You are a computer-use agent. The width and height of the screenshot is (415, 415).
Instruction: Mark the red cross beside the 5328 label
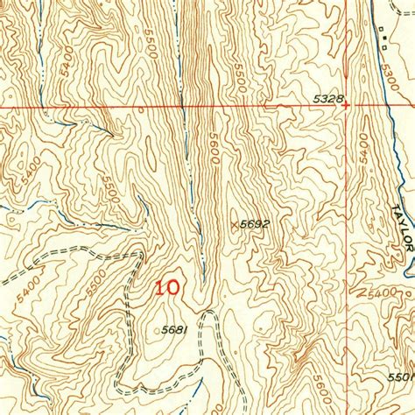point(348,106)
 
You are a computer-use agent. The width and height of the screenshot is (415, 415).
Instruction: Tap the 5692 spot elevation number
point(253,224)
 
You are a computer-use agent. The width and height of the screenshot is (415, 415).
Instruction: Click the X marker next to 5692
point(233,224)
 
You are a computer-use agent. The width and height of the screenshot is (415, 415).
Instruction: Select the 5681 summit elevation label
point(176,330)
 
